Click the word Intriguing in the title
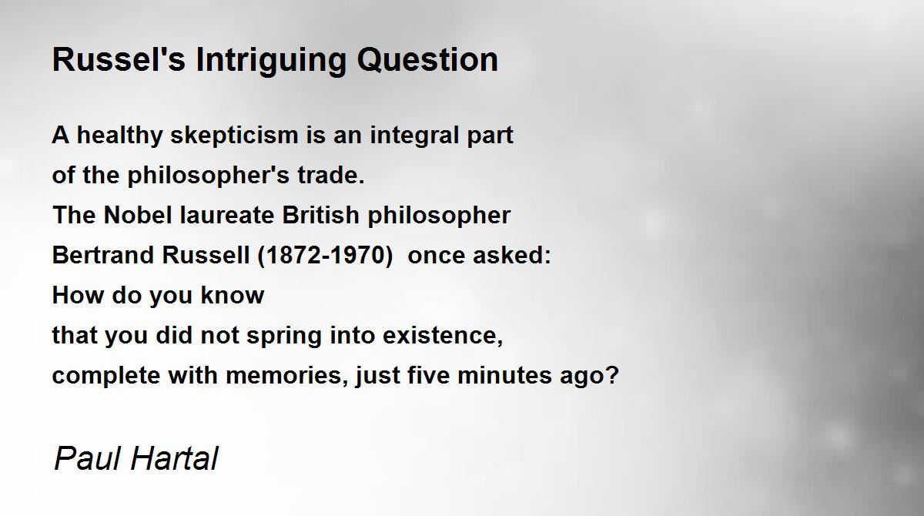coord(271,61)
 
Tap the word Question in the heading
coord(427,60)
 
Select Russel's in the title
coord(119,60)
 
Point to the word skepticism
coord(234,136)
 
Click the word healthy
coord(119,136)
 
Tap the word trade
coord(331,175)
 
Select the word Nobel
coord(137,215)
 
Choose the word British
coord(320,215)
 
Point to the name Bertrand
coord(102,255)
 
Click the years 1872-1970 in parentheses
coord(326,255)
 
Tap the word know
coord(233,295)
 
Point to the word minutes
coord(504,375)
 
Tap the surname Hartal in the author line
coord(174,458)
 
